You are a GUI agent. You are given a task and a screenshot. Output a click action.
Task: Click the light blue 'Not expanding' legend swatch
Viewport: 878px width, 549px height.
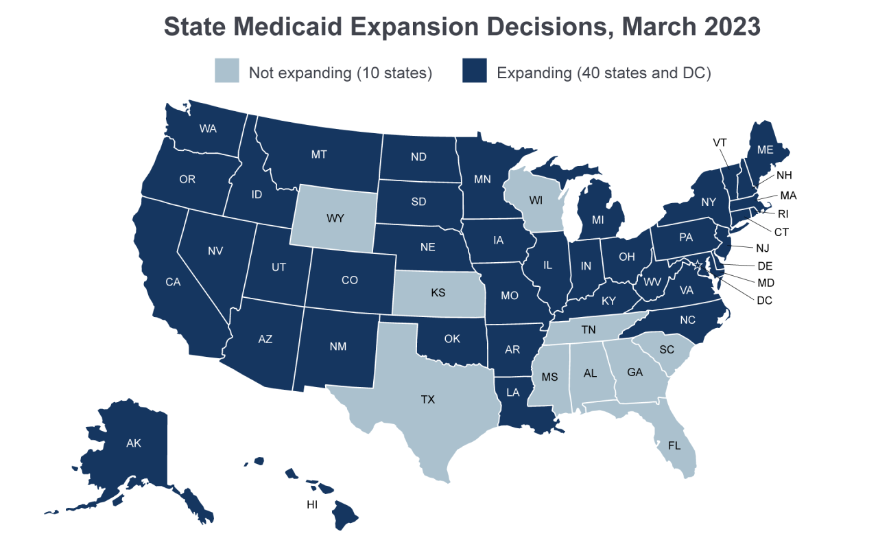pos(227,71)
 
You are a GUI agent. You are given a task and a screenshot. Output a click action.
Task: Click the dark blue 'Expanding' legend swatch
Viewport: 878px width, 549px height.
pos(474,71)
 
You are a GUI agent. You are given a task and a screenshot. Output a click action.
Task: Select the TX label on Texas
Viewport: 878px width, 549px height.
pos(428,399)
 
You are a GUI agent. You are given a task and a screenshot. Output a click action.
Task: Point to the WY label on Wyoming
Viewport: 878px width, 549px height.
pos(335,218)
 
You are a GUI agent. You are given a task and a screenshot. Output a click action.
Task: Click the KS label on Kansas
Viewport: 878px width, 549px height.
pos(438,292)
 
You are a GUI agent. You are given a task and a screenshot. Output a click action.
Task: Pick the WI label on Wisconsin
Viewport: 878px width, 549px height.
pos(536,201)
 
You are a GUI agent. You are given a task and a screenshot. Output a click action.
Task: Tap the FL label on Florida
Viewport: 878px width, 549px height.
pos(675,445)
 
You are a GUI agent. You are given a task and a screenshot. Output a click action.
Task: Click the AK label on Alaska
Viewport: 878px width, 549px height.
pos(134,443)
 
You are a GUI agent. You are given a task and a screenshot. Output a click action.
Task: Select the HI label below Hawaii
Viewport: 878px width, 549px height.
pos(312,505)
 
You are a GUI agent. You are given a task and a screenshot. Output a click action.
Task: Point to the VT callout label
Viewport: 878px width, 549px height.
pos(720,142)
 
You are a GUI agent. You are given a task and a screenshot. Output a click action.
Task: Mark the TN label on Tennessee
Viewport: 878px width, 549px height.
pos(589,329)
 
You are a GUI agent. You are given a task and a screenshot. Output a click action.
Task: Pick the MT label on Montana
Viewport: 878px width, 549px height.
pos(319,154)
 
